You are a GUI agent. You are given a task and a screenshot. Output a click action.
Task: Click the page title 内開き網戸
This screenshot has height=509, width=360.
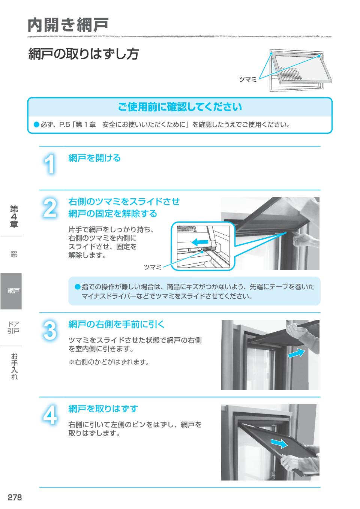tap(68, 25)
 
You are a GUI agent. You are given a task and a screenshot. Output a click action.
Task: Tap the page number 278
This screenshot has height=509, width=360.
tap(15, 497)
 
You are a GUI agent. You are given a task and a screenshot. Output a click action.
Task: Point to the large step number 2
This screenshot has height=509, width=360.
tap(49, 208)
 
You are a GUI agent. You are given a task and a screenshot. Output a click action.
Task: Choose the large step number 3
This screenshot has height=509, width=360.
tap(49, 331)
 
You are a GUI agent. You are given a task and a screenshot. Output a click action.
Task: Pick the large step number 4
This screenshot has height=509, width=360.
tap(49, 415)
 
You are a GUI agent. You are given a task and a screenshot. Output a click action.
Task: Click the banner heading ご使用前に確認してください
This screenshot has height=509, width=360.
tap(180, 107)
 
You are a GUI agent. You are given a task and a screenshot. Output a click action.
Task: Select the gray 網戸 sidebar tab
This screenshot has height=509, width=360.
tap(11, 291)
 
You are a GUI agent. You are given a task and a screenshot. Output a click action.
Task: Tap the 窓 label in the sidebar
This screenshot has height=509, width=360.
tap(14, 254)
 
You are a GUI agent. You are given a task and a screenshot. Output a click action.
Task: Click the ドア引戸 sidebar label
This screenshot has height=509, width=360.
tap(14, 327)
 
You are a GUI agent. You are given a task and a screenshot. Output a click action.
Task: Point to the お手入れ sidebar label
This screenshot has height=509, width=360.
tap(14, 367)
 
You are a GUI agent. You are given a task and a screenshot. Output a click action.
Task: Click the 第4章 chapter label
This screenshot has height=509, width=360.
tap(14, 217)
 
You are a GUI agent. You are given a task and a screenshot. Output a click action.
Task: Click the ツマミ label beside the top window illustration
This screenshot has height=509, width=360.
tap(247, 79)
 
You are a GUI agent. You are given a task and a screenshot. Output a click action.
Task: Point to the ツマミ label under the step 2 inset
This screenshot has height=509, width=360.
tap(153, 267)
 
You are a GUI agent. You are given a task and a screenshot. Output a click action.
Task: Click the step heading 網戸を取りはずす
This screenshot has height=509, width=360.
tap(103, 409)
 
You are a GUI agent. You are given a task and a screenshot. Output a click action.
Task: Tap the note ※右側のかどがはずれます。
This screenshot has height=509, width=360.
tap(109, 362)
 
